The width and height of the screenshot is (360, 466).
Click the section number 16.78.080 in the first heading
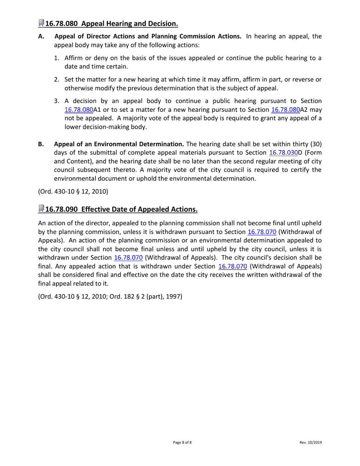point(61,24)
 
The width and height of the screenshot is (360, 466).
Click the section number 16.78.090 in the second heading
point(61,210)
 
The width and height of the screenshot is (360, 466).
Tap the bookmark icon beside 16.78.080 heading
point(41,23)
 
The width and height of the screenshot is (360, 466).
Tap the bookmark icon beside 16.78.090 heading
point(41,209)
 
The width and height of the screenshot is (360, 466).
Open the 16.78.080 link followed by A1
point(78,110)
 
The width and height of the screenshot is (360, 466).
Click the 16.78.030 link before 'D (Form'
point(283,153)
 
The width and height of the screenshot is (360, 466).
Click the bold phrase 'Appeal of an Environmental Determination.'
point(119,144)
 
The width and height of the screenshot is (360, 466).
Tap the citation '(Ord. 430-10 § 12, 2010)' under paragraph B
point(73,191)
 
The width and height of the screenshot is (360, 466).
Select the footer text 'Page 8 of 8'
point(182,443)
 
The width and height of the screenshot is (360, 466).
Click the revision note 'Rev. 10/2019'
point(311,443)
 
